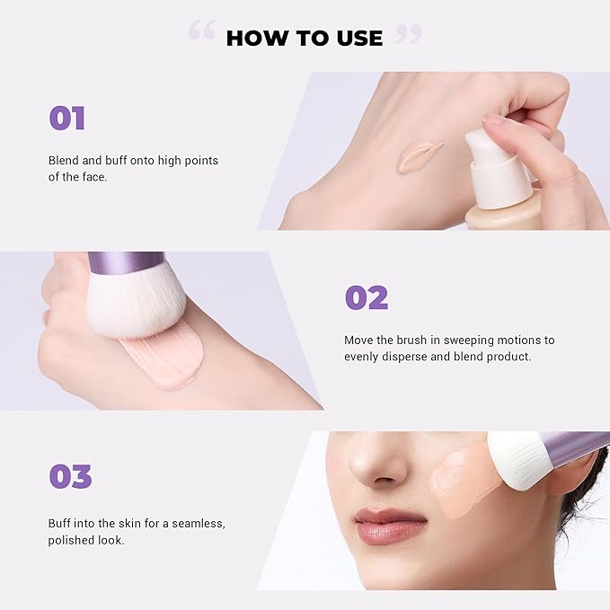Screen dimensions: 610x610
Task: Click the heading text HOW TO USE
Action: pyautogui.click(x=304, y=38)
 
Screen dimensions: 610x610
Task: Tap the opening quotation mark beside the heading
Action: pyautogui.click(x=202, y=32)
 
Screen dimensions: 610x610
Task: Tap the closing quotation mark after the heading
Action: pyautogui.click(x=408, y=32)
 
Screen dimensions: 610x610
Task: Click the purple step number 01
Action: pyautogui.click(x=67, y=119)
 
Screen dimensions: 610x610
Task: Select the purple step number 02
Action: pyautogui.click(x=367, y=298)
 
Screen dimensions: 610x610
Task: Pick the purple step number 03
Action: pyautogui.click(x=69, y=477)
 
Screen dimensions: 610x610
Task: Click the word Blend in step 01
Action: pyautogui.click(x=65, y=161)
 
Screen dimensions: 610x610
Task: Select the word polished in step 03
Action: pyautogui.click(x=71, y=540)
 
